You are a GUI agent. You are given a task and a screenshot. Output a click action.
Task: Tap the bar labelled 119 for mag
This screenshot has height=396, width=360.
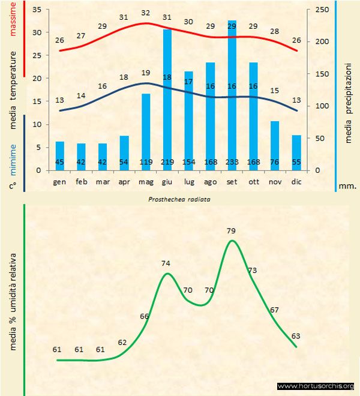point(145,132)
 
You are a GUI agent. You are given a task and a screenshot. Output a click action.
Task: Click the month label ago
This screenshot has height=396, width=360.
point(210,181)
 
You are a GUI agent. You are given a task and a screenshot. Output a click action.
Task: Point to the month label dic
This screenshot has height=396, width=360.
point(296,181)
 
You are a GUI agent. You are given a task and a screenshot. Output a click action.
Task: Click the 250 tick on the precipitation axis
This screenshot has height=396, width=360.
point(323,10)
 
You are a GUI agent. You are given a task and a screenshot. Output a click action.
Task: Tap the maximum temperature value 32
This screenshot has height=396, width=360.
point(146,13)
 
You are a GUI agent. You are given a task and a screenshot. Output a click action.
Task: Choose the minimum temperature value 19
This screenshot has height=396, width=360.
point(146,73)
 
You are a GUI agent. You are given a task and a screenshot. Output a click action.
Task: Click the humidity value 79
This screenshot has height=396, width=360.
point(232,230)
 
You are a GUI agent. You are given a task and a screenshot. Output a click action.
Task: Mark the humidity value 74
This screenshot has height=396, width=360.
point(167,263)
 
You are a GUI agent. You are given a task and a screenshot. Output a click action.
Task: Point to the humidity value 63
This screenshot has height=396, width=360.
point(296,336)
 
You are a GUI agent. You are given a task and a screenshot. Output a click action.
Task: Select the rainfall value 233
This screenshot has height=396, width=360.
point(232,162)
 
